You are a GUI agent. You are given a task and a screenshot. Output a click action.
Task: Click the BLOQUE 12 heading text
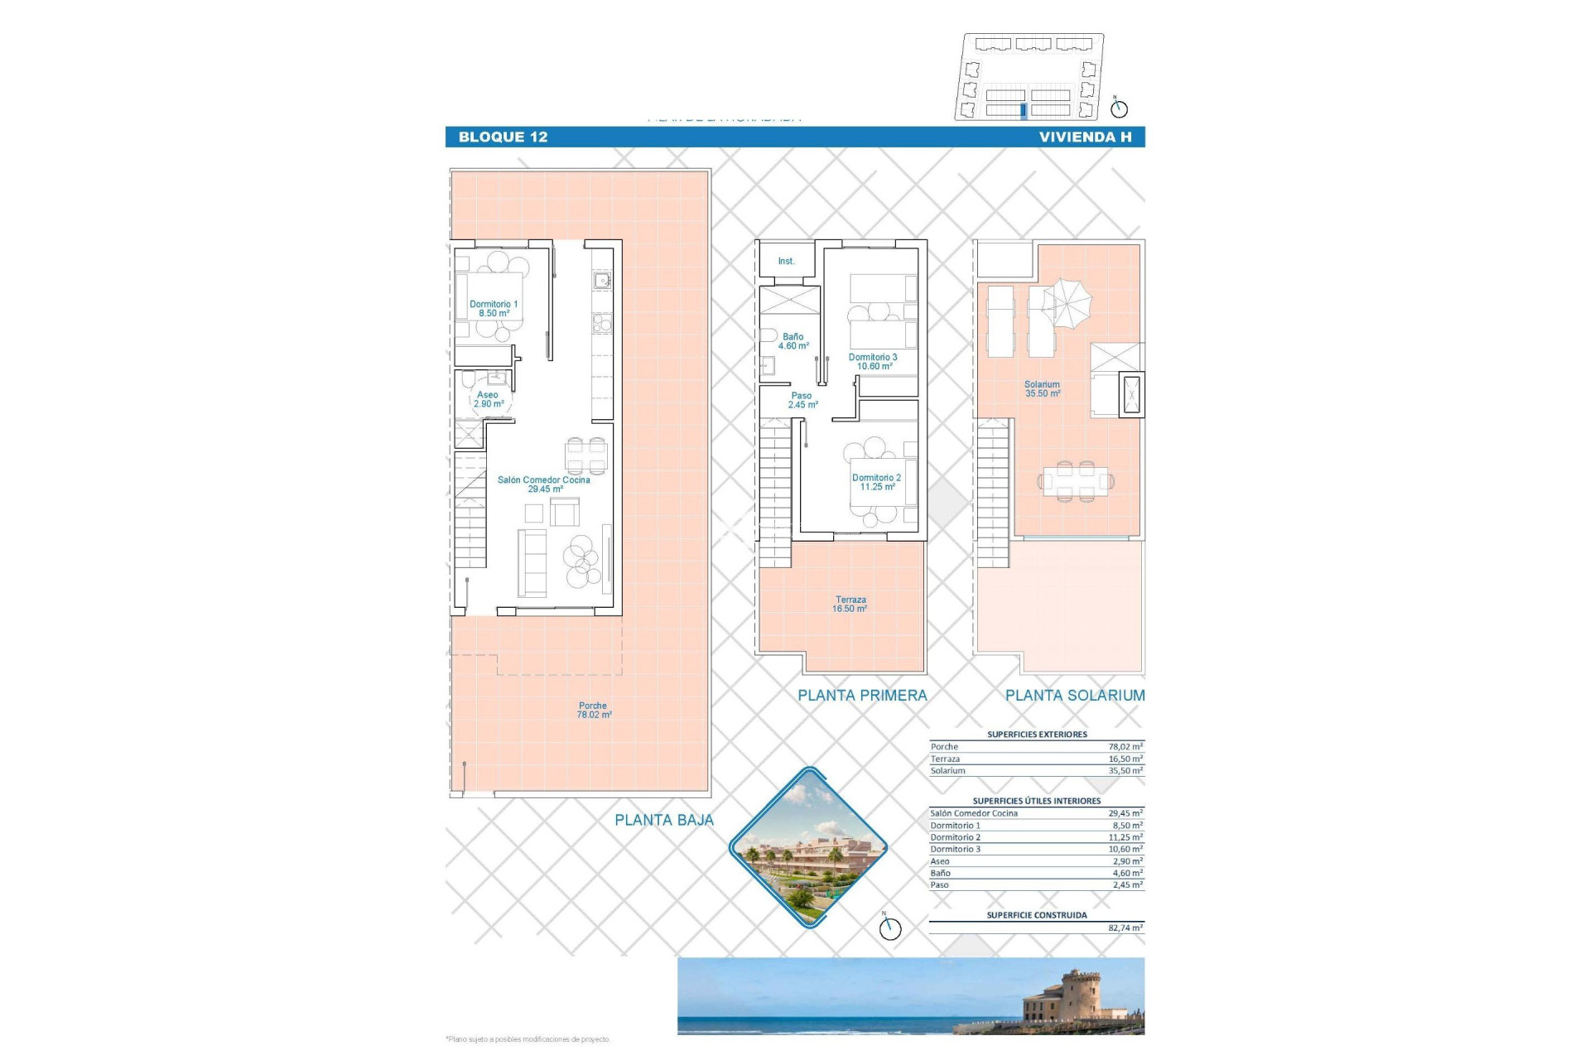(x=503, y=137)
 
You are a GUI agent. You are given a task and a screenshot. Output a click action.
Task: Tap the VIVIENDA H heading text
(x=1085, y=137)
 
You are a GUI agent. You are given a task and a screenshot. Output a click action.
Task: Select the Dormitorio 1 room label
(x=494, y=309)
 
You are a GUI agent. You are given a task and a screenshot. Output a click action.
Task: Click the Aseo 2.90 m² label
(x=489, y=399)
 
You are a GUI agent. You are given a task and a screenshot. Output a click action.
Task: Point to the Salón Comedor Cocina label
(x=544, y=484)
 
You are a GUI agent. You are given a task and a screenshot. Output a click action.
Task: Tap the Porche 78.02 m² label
(x=594, y=711)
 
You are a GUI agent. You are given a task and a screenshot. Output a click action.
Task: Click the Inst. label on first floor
(x=786, y=262)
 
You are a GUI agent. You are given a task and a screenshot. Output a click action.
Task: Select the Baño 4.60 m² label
(x=793, y=341)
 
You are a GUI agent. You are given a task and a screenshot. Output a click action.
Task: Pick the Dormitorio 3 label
(x=873, y=362)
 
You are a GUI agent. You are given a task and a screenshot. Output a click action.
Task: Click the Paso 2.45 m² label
(x=802, y=401)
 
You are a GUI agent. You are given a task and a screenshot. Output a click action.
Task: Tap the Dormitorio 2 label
(x=877, y=482)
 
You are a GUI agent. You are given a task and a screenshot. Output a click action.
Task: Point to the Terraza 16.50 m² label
(x=850, y=605)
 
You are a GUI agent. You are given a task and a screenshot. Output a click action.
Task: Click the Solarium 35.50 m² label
(x=1042, y=389)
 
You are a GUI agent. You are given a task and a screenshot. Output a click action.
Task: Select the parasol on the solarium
(x=1067, y=302)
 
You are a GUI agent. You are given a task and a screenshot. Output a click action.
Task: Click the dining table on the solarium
(x=1075, y=480)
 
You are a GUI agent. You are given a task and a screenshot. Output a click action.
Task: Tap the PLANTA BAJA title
(x=663, y=821)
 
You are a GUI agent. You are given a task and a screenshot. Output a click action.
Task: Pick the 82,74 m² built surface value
(x=1125, y=928)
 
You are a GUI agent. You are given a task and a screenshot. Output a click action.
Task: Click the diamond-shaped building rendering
(x=807, y=847)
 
